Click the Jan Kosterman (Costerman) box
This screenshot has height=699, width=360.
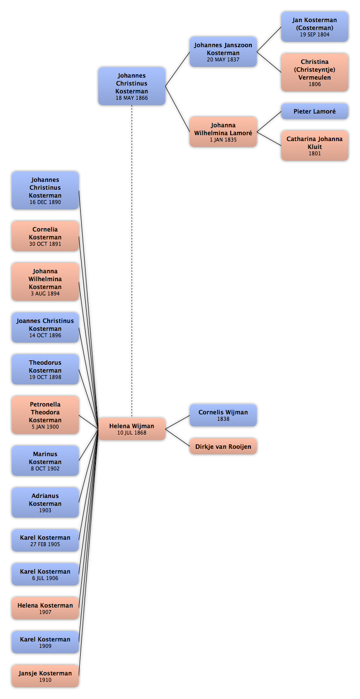(314, 27)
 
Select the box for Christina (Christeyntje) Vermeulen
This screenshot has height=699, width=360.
(314, 72)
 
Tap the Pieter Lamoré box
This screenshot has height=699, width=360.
(314, 112)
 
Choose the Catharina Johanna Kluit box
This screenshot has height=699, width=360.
(314, 146)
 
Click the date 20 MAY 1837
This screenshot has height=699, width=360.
(223, 59)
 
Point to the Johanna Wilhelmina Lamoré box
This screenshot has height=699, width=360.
(223, 132)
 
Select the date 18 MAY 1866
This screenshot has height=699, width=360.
(131, 98)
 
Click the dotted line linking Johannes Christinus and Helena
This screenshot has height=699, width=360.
(131, 261)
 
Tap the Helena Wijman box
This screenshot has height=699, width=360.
(131, 429)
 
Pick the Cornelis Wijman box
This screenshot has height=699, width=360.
(223, 415)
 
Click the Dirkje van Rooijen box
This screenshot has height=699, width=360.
(223, 446)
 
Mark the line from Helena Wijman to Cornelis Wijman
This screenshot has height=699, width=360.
(178, 422)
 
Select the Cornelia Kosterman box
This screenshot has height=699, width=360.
(45, 236)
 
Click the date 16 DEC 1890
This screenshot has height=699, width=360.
(45, 202)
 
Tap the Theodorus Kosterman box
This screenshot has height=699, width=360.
(45, 370)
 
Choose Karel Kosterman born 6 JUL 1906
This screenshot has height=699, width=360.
(45, 575)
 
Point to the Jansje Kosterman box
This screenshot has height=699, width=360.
(45, 676)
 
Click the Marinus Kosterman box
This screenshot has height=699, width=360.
(45, 461)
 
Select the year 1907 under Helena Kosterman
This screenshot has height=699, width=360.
(45, 612)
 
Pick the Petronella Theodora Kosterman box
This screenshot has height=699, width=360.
(45, 415)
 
